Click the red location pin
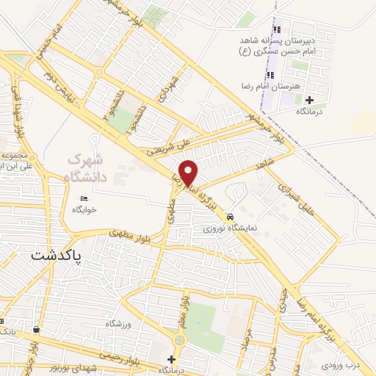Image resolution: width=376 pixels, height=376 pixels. coord(189,173)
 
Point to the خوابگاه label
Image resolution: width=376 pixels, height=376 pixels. coord(85,210)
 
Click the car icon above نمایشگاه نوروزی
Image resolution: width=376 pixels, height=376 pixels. coord(231,217)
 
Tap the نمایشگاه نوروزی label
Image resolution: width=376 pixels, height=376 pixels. coord(231,228)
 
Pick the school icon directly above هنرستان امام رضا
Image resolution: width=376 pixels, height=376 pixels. coord(271,74)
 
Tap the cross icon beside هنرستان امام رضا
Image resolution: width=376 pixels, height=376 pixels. coord(309,100)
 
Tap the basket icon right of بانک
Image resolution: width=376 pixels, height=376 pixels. coord(36,330)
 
